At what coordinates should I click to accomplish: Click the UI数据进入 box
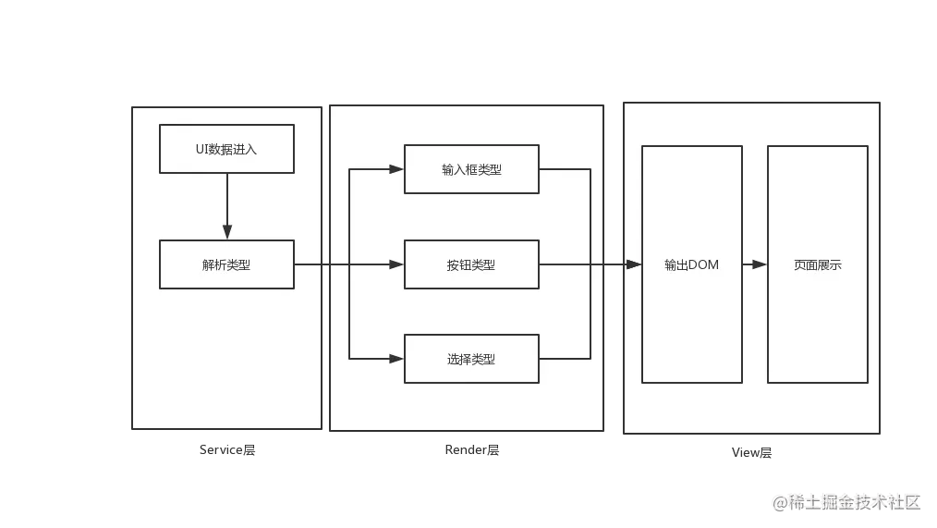click(x=226, y=149)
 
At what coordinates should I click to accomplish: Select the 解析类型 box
click(x=226, y=264)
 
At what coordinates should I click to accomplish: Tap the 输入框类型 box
click(x=471, y=169)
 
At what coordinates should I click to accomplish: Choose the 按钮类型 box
click(x=471, y=264)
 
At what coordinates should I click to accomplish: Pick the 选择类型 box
click(x=471, y=359)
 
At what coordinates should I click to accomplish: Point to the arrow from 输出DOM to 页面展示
click(x=754, y=264)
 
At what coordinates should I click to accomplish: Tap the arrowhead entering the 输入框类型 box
click(x=396, y=169)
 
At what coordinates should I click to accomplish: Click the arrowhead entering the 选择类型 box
click(x=396, y=359)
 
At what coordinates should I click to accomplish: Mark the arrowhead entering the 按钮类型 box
click(x=396, y=264)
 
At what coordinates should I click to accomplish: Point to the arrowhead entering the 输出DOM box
click(x=634, y=264)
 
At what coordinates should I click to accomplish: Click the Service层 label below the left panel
click(x=228, y=451)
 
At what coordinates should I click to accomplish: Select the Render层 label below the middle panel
click(x=472, y=451)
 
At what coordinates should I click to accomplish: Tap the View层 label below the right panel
click(x=753, y=452)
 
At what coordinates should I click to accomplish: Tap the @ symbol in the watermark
click(x=779, y=502)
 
